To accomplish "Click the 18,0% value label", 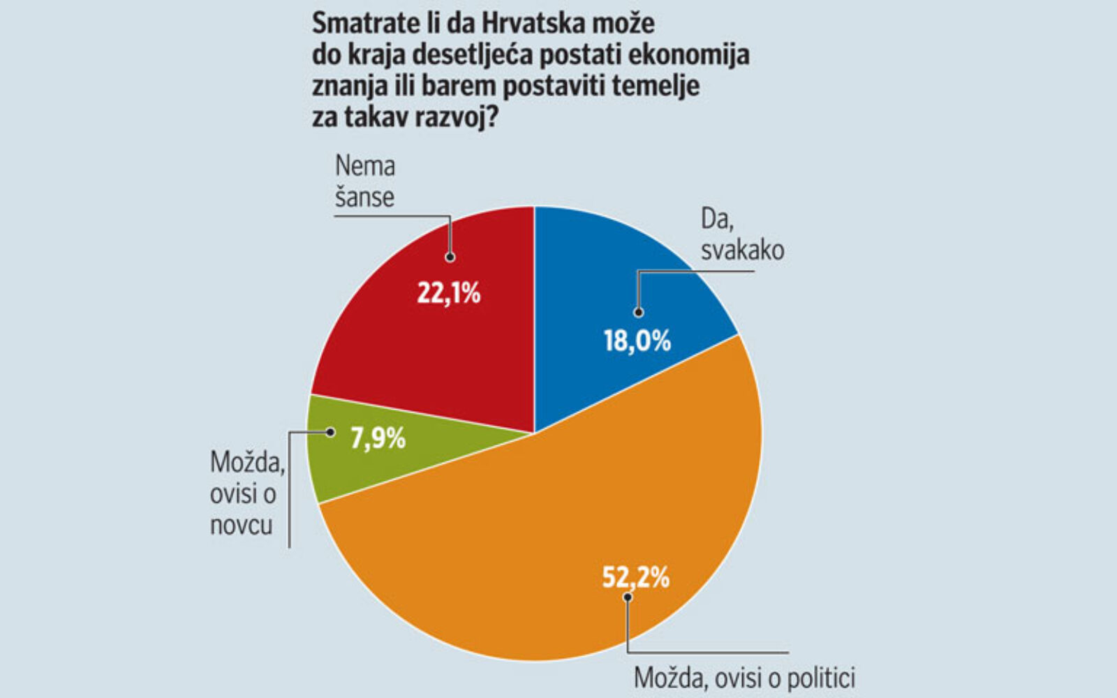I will click(x=637, y=341).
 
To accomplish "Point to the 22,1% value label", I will click(x=448, y=294).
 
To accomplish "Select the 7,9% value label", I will click(x=378, y=439).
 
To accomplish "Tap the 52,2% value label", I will click(x=635, y=578).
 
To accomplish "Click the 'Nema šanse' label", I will click(x=365, y=181).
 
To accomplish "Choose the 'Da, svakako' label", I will click(x=742, y=235).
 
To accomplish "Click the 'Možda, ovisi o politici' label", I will click(x=744, y=678).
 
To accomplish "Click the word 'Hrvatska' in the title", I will click(x=535, y=24).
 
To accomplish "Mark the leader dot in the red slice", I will click(x=450, y=257).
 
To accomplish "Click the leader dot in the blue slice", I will click(x=638, y=313).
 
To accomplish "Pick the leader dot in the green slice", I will click(x=330, y=432).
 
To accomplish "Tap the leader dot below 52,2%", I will click(x=628, y=597).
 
